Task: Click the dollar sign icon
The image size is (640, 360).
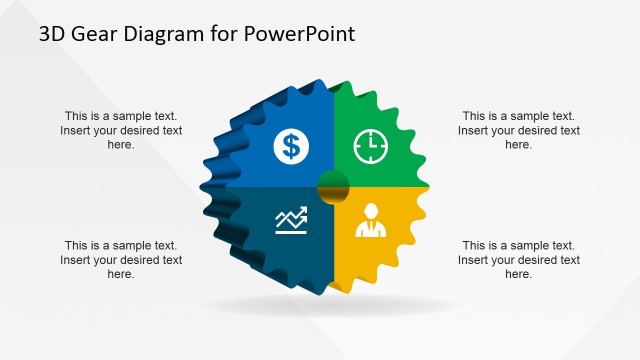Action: [x=291, y=147]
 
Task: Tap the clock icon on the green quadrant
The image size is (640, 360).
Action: [x=369, y=147]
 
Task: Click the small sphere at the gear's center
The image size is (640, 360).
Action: [x=332, y=184]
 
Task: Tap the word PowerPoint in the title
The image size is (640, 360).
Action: [x=303, y=34]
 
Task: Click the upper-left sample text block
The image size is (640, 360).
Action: [x=121, y=130]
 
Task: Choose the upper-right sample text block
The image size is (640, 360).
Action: [x=518, y=130]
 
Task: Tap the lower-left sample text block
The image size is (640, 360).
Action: [x=121, y=260]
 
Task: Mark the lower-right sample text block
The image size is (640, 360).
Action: [x=518, y=260]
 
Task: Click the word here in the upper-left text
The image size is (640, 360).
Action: [x=121, y=145]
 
